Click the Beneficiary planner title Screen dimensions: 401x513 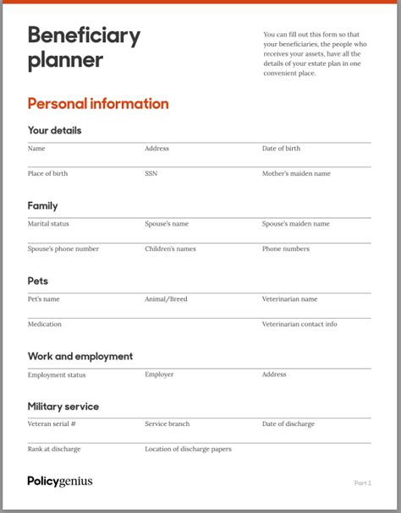click(84, 47)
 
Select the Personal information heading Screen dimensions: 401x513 click(98, 104)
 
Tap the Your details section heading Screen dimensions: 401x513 click(54, 131)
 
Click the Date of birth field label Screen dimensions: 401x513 click(281, 149)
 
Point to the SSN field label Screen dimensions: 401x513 click(151, 173)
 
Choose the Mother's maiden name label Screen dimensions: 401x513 click(296, 173)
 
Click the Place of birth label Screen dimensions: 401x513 click(47, 173)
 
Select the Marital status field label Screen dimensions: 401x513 click(48, 224)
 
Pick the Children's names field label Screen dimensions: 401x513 click(170, 248)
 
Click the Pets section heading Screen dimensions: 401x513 click(38, 281)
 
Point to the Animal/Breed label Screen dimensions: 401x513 click(166, 299)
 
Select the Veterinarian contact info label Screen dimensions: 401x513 click(299, 324)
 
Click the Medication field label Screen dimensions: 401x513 click(44, 324)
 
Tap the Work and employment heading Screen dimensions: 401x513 click(80, 357)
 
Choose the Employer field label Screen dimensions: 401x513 click(159, 374)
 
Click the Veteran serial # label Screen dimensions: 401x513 click(52, 424)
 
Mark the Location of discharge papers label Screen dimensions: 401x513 click(188, 449)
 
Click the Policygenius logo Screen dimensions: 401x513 click(60, 482)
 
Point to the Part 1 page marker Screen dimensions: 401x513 click(362, 483)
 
